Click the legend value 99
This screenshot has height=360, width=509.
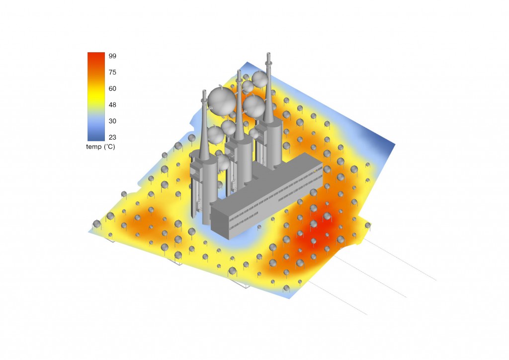pyautogui.click(x=112, y=56)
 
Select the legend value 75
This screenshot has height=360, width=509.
pyautogui.click(x=112, y=72)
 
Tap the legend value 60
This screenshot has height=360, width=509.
pyautogui.click(x=112, y=89)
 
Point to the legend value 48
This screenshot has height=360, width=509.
pyautogui.click(x=112, y=104)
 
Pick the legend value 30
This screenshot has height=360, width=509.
pyautogui.click(x=112, y=121)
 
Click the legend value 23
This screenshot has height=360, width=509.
pyautogui.click(x=112, y=137)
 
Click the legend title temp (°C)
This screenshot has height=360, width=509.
pyautogui.click(x=100, y=147)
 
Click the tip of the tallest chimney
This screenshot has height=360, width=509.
pyautogui.click(x=268, y=53)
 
